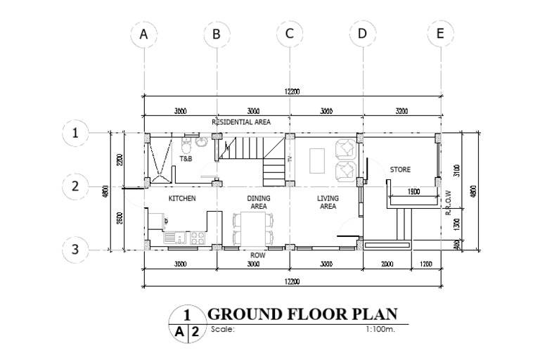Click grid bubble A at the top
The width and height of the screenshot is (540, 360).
[144, 34]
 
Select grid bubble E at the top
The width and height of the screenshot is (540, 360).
[440, 34]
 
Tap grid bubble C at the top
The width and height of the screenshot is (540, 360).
[290, 34]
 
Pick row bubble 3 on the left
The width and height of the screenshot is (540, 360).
[75, 249]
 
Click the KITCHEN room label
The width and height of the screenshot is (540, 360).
[181, 199]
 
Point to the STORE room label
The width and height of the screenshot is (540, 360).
[400, 169]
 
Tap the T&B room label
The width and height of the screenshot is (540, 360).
[186, 160]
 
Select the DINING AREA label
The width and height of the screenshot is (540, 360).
[258, 202]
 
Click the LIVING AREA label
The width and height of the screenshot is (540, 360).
[328, 202]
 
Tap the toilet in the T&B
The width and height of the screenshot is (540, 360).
[186, 146]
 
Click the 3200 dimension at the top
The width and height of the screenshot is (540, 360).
[401, 111]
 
